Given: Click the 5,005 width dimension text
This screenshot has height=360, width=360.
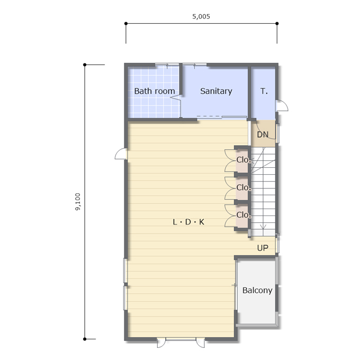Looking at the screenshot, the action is (x=201, y=16).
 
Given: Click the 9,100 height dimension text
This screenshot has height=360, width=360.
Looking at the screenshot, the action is (x=78, y=202).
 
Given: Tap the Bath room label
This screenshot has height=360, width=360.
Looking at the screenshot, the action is (x=155, y=91).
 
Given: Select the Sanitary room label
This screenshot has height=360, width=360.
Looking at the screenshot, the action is (x=216, y=91).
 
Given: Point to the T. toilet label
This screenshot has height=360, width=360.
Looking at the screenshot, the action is (x=264, y=91).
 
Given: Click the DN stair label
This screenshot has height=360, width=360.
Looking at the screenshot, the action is (x=263, y=134).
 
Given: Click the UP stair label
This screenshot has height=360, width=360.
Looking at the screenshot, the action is (x=263, y=248).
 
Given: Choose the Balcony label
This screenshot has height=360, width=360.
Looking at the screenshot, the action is (x=257, y=291).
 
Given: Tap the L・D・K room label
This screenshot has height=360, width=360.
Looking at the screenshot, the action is (x=188, y=222).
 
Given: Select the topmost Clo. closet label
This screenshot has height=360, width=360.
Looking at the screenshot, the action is (x=244, y=160).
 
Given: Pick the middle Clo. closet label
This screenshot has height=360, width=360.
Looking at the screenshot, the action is (x=244, y=187).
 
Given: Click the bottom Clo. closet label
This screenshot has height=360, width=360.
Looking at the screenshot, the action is (x=244, y=215).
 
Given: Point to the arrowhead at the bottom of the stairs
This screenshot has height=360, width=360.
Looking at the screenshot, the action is (x=263, y=227).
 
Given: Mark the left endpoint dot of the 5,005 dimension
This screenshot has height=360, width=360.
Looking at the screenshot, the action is (x=126, y=23).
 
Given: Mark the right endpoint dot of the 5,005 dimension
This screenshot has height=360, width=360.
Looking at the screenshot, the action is (x=277, y=23).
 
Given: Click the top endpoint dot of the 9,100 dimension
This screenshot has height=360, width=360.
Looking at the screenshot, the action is (x=85, y=65).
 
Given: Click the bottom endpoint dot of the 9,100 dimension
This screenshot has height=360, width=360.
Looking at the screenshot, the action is (x=85, y=339).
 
